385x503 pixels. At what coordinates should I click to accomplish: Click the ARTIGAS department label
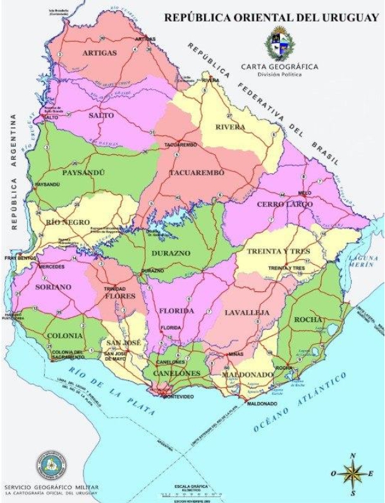[99, 53]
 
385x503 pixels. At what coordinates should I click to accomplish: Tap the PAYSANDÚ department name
[82, 173]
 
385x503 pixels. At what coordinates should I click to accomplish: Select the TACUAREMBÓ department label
[193, 173]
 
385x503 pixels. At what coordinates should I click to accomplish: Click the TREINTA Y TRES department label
[278, 251]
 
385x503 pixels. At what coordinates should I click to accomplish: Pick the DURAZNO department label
[168, 253]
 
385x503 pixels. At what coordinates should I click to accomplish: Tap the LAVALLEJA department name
[247, 312]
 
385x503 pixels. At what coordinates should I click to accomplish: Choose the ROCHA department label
[309, 320]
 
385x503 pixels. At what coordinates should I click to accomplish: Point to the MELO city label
[305, 192]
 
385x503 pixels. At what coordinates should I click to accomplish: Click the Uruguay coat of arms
[279, 43]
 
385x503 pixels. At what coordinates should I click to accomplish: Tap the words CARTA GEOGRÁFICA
[279, 66]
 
